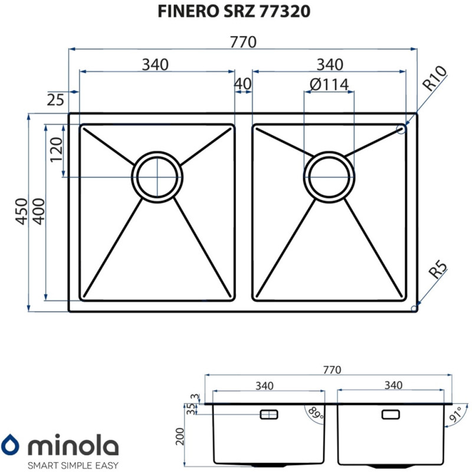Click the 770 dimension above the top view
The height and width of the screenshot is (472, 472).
(242, 42)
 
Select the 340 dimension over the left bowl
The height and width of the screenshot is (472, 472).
(155, 64)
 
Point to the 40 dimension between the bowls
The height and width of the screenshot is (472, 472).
(242, 84)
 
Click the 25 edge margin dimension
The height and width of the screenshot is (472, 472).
(55, 100)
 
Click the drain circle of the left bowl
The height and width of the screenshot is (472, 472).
(157, 176)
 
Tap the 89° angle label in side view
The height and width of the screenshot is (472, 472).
(318, 414)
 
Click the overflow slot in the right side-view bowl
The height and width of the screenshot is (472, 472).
(391, 414)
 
